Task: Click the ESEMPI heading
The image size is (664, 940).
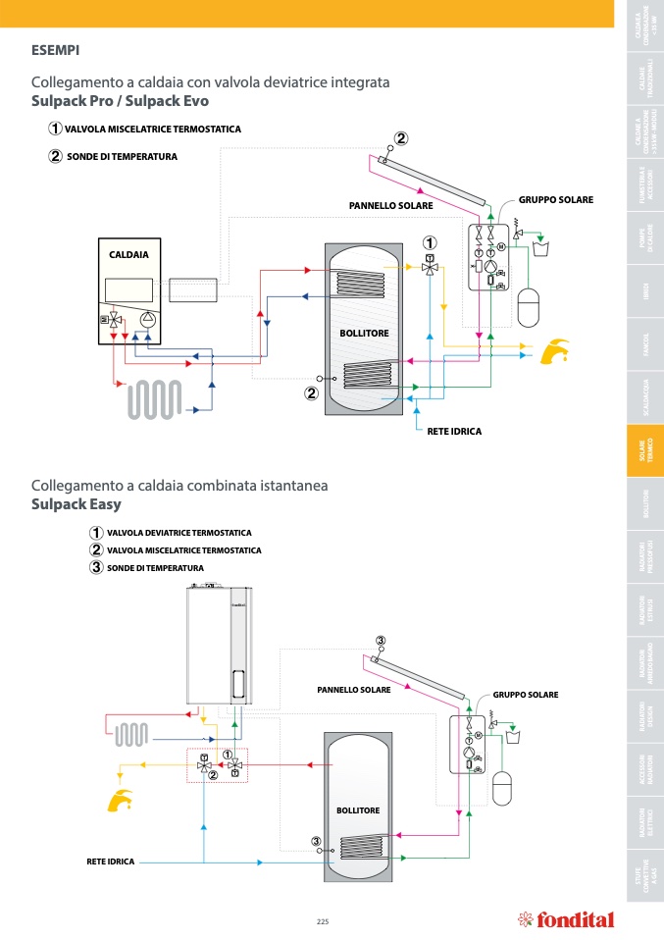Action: (x=56, y=48)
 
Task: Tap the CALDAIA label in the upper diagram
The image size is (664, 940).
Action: (x=129, y=254)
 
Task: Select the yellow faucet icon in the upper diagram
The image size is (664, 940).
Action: (x=556, y=349)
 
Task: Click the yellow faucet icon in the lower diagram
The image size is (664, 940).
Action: (x=119, y=800)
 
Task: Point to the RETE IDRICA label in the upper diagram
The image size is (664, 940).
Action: (x=454, y=431)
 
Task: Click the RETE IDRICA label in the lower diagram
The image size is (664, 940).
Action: (x=111, y=862)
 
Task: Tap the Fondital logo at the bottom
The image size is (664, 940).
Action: (x=566, y=919)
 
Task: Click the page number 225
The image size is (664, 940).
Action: (x=323, y=920)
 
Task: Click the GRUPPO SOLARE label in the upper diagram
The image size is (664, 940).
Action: (x=555, y=200)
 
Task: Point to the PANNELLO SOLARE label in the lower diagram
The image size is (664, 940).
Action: (x=354, y=690)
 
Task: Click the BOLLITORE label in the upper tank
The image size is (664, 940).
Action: (x=364, y=334)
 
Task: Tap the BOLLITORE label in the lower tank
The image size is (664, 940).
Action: (x=357, y=809)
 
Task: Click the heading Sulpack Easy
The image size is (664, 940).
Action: (x=77, y=504)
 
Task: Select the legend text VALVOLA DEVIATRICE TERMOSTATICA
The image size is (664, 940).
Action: (x=179, y=533)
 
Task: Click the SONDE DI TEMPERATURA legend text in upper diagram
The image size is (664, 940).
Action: (x=122, y=156)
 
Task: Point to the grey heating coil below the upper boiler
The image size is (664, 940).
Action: (x=155, y=399)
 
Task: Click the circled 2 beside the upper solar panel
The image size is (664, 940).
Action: (x=401, y=138)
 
